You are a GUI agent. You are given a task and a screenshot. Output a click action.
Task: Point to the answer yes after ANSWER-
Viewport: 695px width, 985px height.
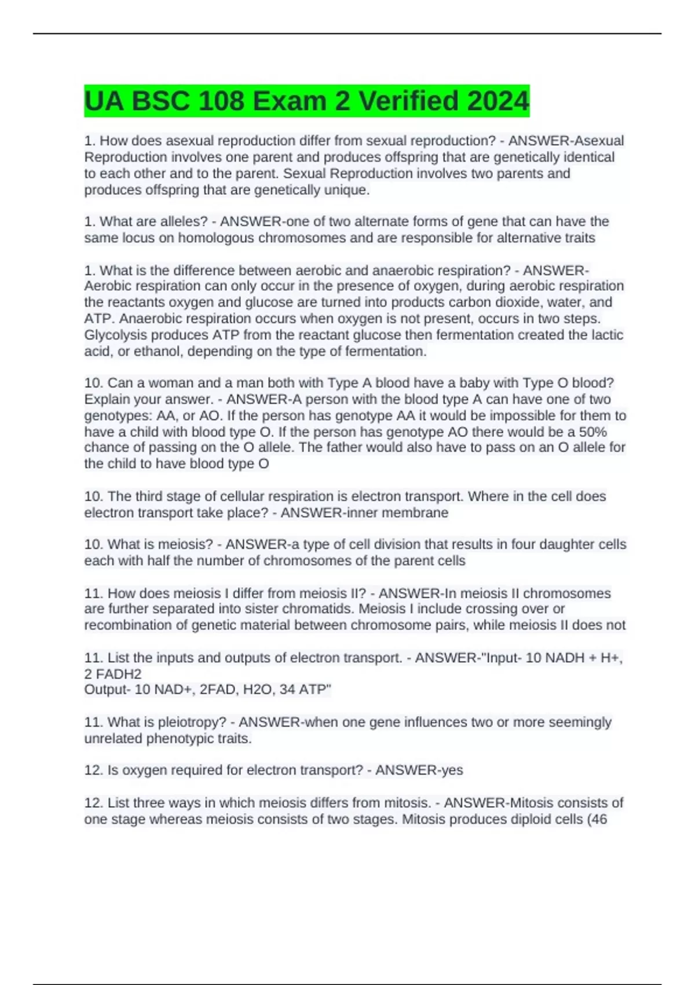point(451,770)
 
